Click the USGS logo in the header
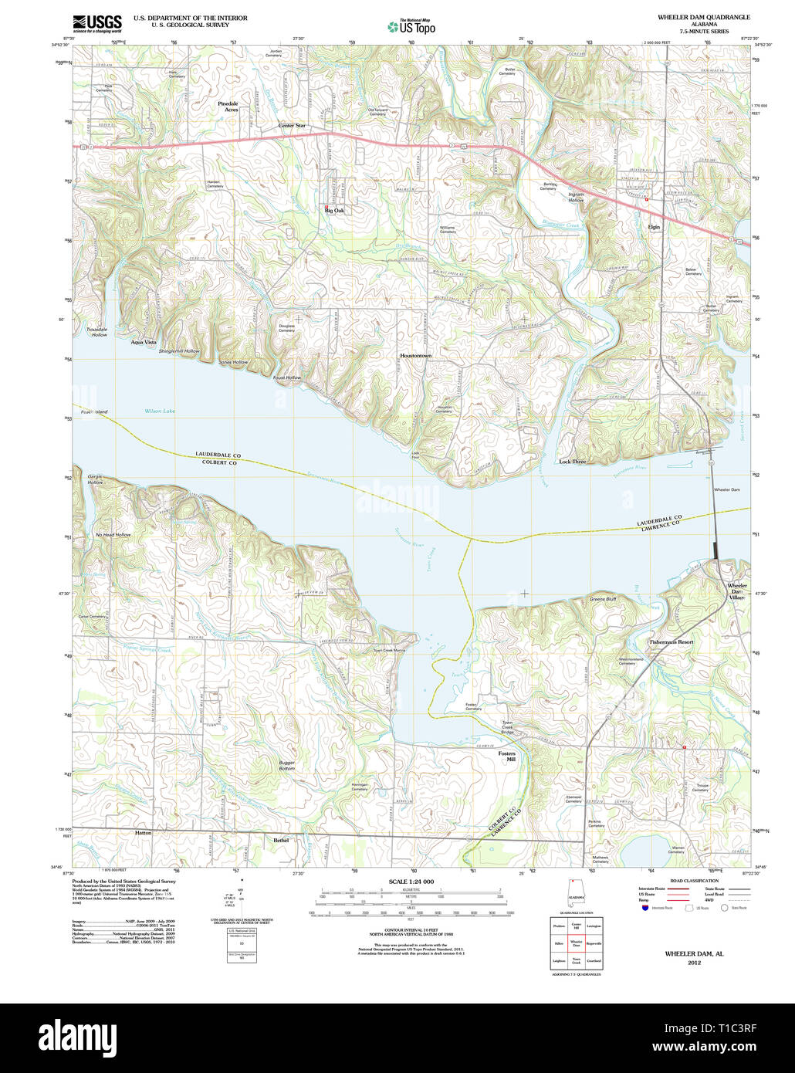96,23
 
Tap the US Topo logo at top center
411,27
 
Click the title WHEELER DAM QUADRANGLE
703,17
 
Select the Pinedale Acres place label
228,107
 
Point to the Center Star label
292,126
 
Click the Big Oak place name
334,210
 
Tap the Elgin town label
655,228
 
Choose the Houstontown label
415,355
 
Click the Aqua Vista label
144,342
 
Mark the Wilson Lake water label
160,411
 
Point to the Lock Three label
572,462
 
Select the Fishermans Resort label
671,642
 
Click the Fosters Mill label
506,756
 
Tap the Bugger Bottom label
286,766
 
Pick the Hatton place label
144,834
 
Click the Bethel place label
281,840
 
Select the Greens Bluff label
603,599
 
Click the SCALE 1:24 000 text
411,882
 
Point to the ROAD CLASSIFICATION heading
694,881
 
